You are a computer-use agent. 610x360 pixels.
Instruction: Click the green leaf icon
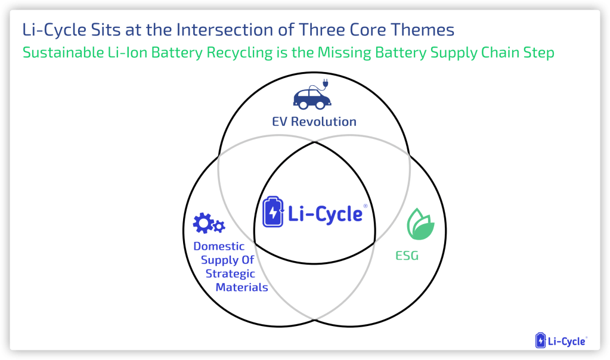(x=420, y=225)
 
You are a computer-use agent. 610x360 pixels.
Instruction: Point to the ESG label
(x=407, y=256)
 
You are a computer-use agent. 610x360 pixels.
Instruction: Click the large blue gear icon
(x=203, y=224)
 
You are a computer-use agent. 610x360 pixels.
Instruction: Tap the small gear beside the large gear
(x=219, y=226)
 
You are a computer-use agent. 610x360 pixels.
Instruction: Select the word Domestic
(x=219, y=246)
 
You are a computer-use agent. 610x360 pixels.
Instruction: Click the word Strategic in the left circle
(x=230, y=274)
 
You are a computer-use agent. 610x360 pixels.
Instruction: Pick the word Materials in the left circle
(x=241, y=287)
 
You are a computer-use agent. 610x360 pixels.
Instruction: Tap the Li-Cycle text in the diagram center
(x=326, y=213)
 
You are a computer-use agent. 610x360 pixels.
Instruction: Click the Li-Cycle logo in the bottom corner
(x=561, y=341)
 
